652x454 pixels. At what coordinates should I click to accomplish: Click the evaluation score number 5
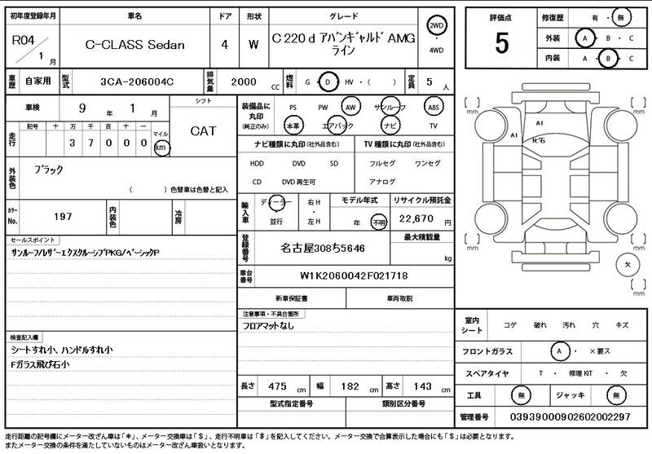[x=501, y=42]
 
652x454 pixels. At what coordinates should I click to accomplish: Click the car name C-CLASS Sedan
[x=135, y=45]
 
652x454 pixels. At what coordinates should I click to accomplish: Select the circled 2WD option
[x=437, y=26]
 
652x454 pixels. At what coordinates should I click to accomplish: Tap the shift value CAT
[x=203, y=130]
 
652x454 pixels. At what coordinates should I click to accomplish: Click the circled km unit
[x=161, y=148]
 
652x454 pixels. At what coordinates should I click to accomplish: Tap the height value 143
[x=422, y=386]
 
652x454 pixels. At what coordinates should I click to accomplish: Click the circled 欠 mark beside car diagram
[x=628, y=265]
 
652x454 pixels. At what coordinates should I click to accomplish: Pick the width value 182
[x=350, y=386]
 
